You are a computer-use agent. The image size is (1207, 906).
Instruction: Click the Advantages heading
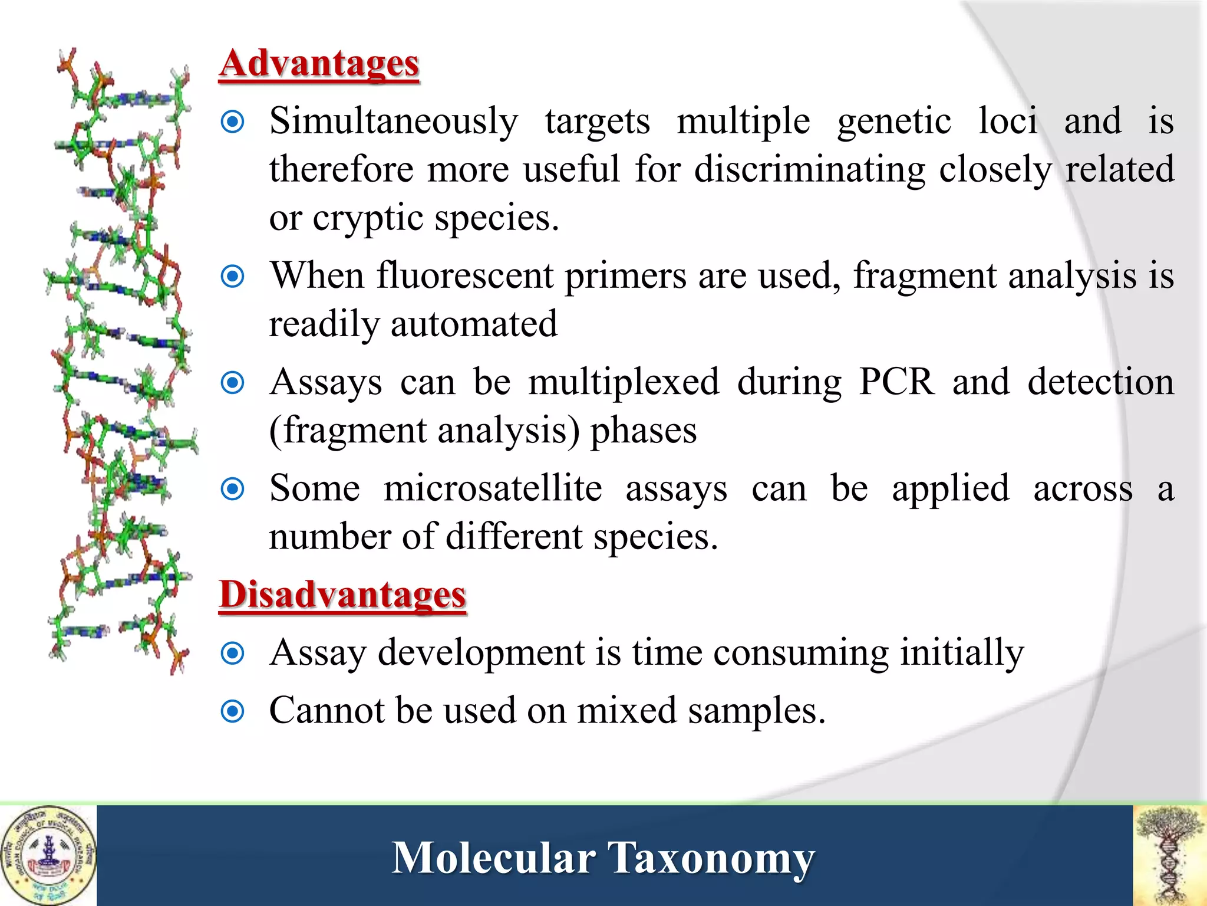(319, 64)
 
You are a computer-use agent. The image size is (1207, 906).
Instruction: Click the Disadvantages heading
(342, 595)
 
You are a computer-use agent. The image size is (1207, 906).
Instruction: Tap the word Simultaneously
(394, 122)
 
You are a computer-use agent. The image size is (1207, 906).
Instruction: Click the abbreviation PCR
(896, 382)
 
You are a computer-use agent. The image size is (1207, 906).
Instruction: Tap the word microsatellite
(493, 489)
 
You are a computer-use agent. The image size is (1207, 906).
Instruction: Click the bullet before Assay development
(232, 654)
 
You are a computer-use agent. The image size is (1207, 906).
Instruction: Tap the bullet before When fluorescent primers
(232, 276)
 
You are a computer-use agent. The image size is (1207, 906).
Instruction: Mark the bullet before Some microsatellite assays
(232, 489)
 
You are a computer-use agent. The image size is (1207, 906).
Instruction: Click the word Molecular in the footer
(493, 858)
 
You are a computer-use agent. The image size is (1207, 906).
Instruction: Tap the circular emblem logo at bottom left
(48, 855)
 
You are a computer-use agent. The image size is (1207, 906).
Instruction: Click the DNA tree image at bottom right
(1170, 855)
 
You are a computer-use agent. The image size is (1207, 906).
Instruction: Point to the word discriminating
(809, 170)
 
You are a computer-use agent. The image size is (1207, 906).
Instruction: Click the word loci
(1007, 122)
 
